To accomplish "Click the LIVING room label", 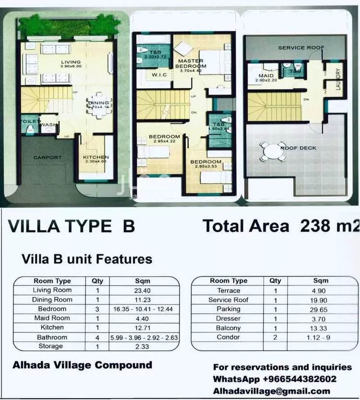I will [x=71, y=62].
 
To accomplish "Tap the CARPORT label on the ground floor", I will [x=48, y=157].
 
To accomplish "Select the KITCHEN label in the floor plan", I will [x=96, y=157].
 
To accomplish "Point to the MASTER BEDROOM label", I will [x=191, y=64].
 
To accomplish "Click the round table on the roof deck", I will [x=273, y=152].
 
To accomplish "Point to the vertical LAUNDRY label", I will [x=338, y=77].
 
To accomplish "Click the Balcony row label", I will [x=228, y=328].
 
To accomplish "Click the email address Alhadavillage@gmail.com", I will [x=272, y=391].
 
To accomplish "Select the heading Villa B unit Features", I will [x=87, y=259].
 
